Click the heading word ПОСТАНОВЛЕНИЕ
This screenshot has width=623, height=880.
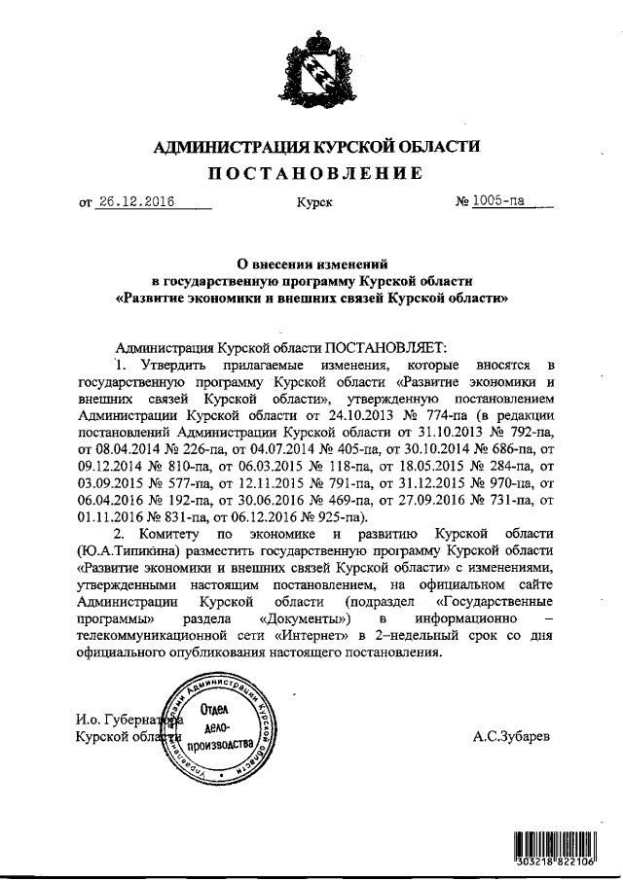(311, 174)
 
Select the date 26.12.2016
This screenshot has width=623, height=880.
(135, 202)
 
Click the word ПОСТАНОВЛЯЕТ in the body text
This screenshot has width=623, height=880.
(385, 346)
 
